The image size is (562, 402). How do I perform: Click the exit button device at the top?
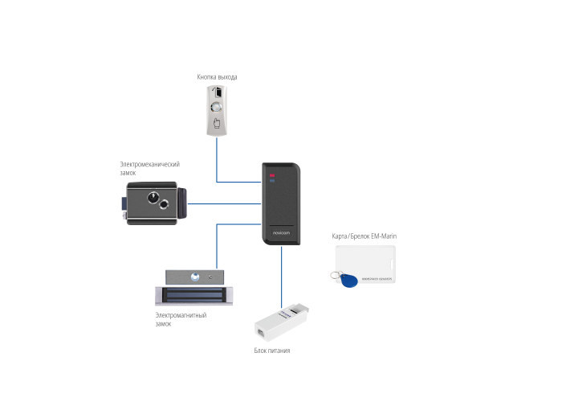point(217,112)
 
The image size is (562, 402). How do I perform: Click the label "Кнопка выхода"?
point(217,77)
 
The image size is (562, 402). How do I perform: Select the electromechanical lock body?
point(153,202)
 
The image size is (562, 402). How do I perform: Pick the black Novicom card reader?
point(283,203)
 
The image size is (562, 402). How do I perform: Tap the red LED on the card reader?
point(271,174)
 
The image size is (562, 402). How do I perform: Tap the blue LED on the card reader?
point(271,182)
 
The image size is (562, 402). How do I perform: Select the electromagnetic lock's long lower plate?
point(197,297)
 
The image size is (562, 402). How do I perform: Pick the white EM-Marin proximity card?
point(365,262)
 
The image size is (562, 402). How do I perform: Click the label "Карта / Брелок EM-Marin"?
point(364,236)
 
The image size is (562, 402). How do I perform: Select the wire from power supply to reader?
point(283,277)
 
